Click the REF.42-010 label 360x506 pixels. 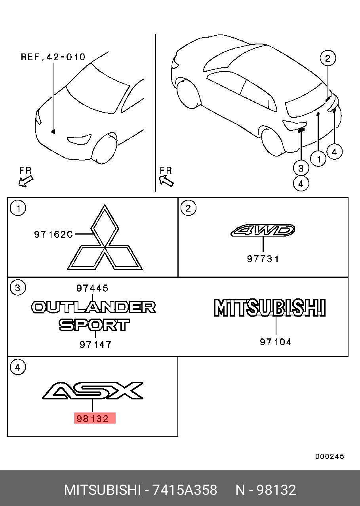point(53,57)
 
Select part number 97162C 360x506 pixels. point(53,235)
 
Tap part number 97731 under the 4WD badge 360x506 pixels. point(263,259)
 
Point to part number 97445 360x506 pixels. point(92,288)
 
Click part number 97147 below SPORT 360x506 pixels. point(95,344)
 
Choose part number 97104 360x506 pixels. point(276,342)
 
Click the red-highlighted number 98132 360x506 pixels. point(93,419)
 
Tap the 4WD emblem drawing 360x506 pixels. point(263,230)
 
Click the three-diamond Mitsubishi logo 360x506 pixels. point(105,237)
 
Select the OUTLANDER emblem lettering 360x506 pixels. point(93,307)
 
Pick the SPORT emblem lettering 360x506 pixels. point(94,325)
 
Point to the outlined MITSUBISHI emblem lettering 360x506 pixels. point(270,307)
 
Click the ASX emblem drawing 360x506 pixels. point(93,391)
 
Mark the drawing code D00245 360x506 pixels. point(330,456)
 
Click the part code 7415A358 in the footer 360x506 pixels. point(185,490)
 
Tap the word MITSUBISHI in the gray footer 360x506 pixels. point(103,490)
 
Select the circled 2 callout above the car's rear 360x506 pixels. point(328,58)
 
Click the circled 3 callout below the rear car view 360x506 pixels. point(301,168)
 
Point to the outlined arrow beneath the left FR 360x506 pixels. point(26,181)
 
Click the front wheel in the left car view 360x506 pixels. point(104,148)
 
